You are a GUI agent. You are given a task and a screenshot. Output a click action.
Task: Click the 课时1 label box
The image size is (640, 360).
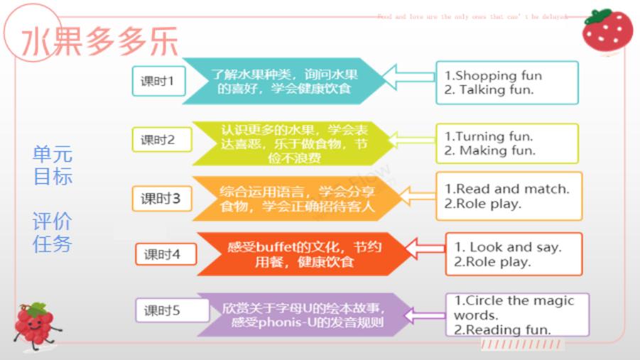157,82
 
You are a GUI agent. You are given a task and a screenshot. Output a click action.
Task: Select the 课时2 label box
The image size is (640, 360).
157,139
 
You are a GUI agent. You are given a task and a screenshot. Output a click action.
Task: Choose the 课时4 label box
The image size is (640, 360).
166,253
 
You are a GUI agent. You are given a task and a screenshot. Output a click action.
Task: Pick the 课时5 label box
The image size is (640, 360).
166,310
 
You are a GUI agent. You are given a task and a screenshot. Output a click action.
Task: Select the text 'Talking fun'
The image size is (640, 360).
496,90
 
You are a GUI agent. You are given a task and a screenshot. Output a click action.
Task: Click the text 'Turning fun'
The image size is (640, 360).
494,136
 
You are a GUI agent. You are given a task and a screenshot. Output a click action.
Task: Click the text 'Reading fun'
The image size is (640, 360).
508,329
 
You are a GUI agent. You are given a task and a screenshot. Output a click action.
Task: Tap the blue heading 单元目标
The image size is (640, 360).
53,165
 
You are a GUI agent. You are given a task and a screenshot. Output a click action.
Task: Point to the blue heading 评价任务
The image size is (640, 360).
53,231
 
